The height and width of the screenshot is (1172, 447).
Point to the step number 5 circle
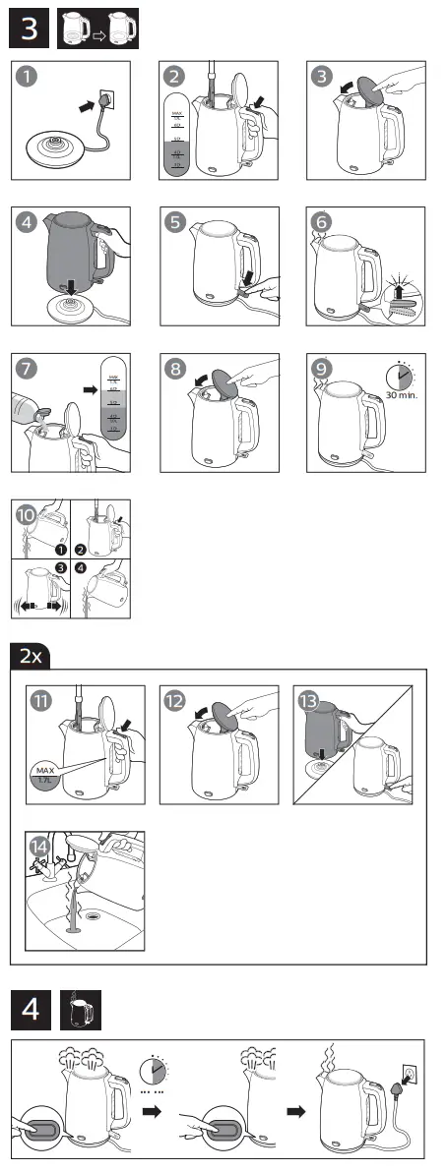click(x=174, y=222)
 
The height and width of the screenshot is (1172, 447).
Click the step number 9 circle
click(x=321, y=369)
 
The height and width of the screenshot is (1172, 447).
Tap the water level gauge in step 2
click(x=177, y=133)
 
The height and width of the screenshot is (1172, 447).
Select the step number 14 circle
click(x=38, y=848)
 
